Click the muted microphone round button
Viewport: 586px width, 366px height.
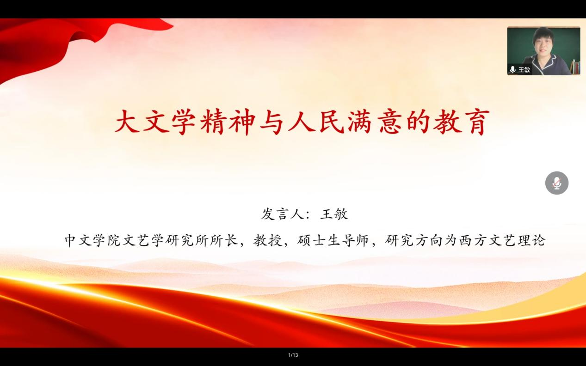click(x=557, y=183)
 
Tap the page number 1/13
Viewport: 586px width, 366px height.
click(x=293, y=355)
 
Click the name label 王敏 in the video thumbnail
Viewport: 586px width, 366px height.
click(x=524, y=70)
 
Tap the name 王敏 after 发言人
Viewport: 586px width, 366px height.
click(x=334, y=214)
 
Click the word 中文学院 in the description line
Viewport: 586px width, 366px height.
click(x=93, y=240)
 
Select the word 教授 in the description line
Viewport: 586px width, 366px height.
click(x=268, y=240)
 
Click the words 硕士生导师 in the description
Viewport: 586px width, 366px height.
click(x=333, y=240)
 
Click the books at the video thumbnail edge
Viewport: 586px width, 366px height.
click(x=575, y=67)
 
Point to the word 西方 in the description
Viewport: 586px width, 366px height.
click(x=474, y=240)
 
